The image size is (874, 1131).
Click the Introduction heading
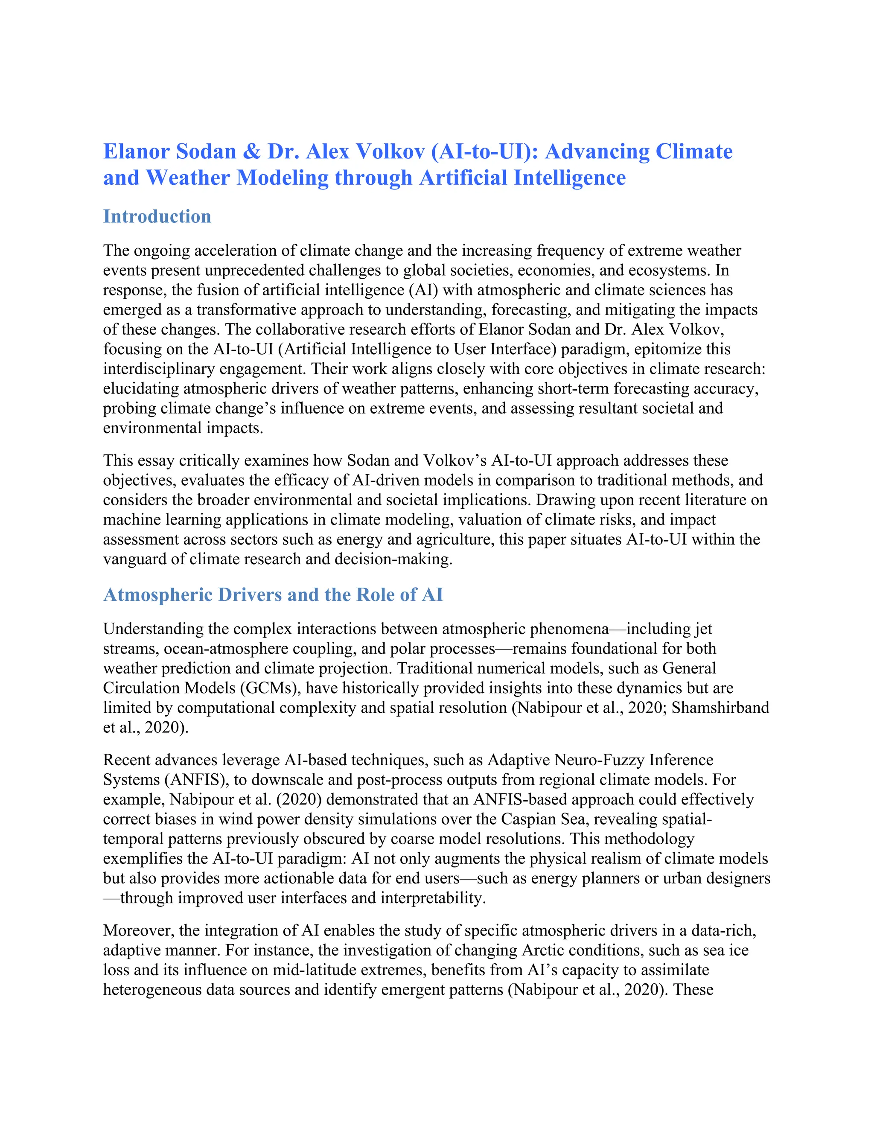pos(157,216)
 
